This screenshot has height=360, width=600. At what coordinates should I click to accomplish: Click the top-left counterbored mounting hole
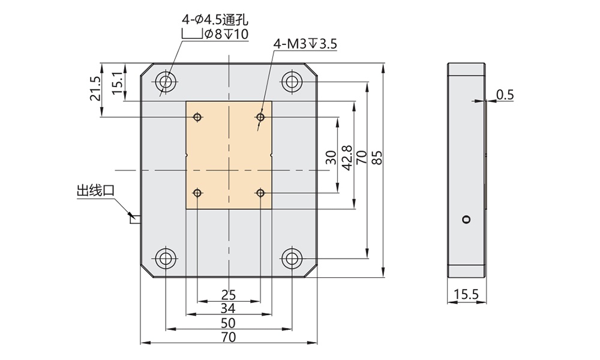166,81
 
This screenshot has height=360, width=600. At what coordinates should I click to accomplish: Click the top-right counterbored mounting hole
292,81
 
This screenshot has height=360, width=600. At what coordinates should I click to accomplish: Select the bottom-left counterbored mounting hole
166,259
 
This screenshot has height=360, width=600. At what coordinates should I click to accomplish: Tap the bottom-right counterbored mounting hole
292,259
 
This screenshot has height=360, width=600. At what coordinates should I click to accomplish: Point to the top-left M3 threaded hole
197,116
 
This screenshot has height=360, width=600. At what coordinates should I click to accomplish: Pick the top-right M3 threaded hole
260,116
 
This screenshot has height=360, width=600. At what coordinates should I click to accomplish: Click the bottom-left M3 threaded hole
197,193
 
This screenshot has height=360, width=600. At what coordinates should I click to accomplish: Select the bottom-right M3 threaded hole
260,193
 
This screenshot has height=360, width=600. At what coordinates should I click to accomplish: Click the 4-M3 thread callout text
305,44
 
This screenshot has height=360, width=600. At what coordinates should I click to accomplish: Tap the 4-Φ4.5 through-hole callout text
215,20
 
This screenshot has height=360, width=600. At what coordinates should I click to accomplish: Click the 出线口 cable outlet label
95,191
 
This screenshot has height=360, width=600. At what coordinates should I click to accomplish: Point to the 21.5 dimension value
95,89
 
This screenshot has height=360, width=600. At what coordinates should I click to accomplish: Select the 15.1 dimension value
118,81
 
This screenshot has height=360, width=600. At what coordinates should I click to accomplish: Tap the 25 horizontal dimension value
229,295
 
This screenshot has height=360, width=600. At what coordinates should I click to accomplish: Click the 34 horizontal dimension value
229,308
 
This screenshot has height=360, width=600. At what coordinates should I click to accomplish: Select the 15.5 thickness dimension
466,295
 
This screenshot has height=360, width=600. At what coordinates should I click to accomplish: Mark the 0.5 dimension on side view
506,94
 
